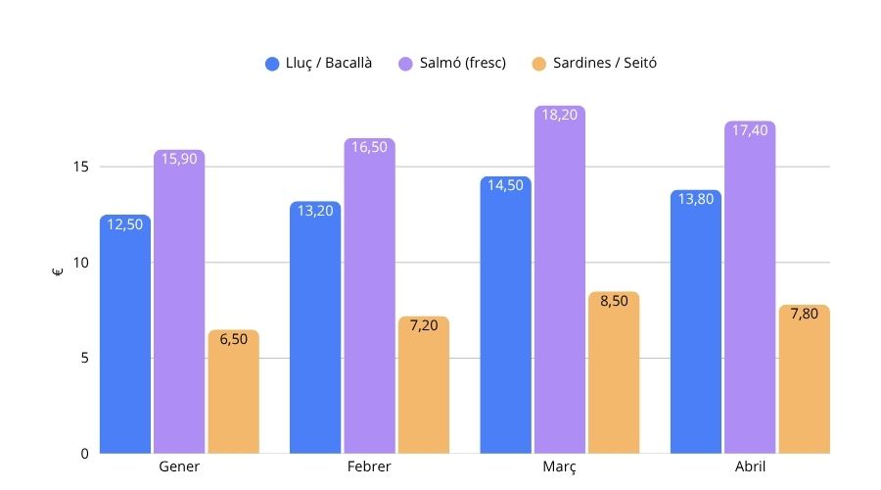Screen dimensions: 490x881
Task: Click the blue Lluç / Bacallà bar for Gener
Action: pyautogui.click(x=125, y=333)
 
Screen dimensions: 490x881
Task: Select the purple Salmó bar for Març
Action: pyautogui.click(x=560, y=279)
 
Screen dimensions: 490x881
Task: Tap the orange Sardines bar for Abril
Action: pyautogui.click(x=804, y=379)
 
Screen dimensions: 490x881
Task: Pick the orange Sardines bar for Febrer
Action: pyautogui.click(x=423, y=385)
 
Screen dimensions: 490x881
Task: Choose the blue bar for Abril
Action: pyautogui.click(x=696, y=321)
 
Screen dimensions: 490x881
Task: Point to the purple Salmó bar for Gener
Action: pyautogui.click(x=179, y=302)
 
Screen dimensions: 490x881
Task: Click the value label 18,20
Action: pyautogui.click(x=560, y=115)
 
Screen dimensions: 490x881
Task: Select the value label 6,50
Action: pyautogui.click(x=233, y=339)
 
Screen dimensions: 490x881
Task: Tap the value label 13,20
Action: pyautogui.click(x=315, y=210)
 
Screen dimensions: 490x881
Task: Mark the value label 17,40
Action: pyautogui.click(x=750, y=130)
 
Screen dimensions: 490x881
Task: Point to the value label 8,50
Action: pyautogui.click(x=614, y=301)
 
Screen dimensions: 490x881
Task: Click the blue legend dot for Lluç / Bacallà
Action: pyautogui.click(x=273, y=64)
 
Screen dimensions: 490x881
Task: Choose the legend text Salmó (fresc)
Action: pyautogui.click(x=464, y=64)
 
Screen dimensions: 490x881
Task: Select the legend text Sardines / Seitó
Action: pyautogui.click(x=604, y=64)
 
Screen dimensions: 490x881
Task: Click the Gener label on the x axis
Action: pyautogui.click(x=179, y=466)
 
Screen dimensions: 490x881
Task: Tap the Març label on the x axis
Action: pyautogui.click(x=560, y=466)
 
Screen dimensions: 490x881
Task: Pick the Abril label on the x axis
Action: pyautogui.click(x=750, y=466)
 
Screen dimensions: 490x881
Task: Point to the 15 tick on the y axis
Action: pyautogui.click(x=80, y=167)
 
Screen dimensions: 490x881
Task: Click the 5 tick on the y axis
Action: pyautogui.click(x=84, y=358)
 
